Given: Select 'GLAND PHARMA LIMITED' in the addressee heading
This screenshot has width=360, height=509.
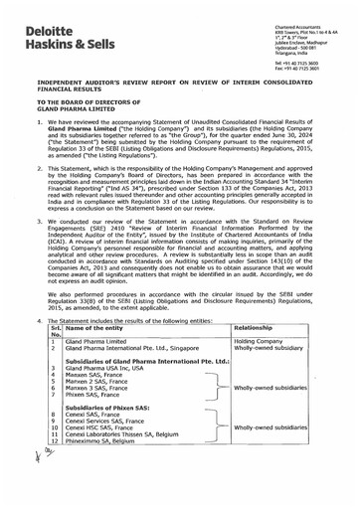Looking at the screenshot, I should point(72,109).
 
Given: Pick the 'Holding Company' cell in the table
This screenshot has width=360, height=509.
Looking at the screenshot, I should point(259,369).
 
